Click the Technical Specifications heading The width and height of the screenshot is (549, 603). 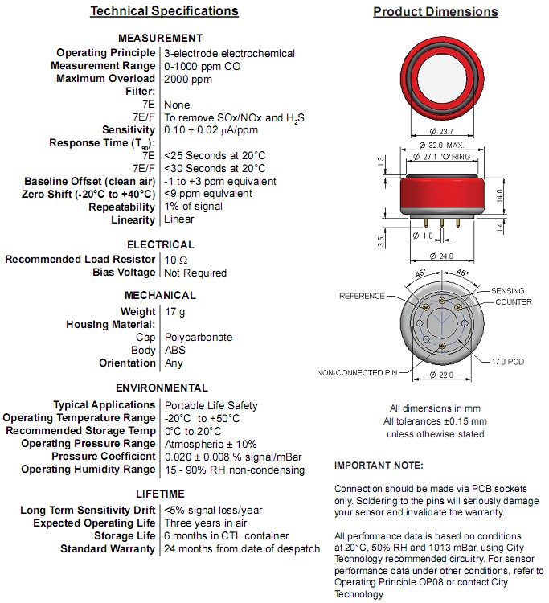click(x=164, y=11)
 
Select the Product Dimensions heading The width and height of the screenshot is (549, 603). click(x=435, y=12)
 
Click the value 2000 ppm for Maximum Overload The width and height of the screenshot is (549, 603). click(x=189, y=79)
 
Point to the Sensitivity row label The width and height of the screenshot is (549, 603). click(x=129, y=130)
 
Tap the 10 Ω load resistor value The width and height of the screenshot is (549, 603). click(x=176, y=260)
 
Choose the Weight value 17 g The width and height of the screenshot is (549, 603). click(x=175, y=312)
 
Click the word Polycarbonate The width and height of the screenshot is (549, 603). click(x=198, y=338)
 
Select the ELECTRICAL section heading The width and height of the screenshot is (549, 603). click(x=161, y=244)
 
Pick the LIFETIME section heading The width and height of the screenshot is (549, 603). click(x=161, y=494)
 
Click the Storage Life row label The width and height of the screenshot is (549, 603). click(x=125, y=536)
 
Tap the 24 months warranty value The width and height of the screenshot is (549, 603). click(x=241, y=549)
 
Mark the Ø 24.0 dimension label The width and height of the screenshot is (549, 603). click(x=441, y=256)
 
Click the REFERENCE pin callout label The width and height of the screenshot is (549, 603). click(x=363, y=296)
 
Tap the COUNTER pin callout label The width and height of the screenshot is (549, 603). click(x=513, y=302)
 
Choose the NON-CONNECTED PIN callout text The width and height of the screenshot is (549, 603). click(x=358, y=373)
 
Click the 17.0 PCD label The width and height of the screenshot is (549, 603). click(x=508, y=362)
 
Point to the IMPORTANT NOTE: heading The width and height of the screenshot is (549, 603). click(x=378, y=466)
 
